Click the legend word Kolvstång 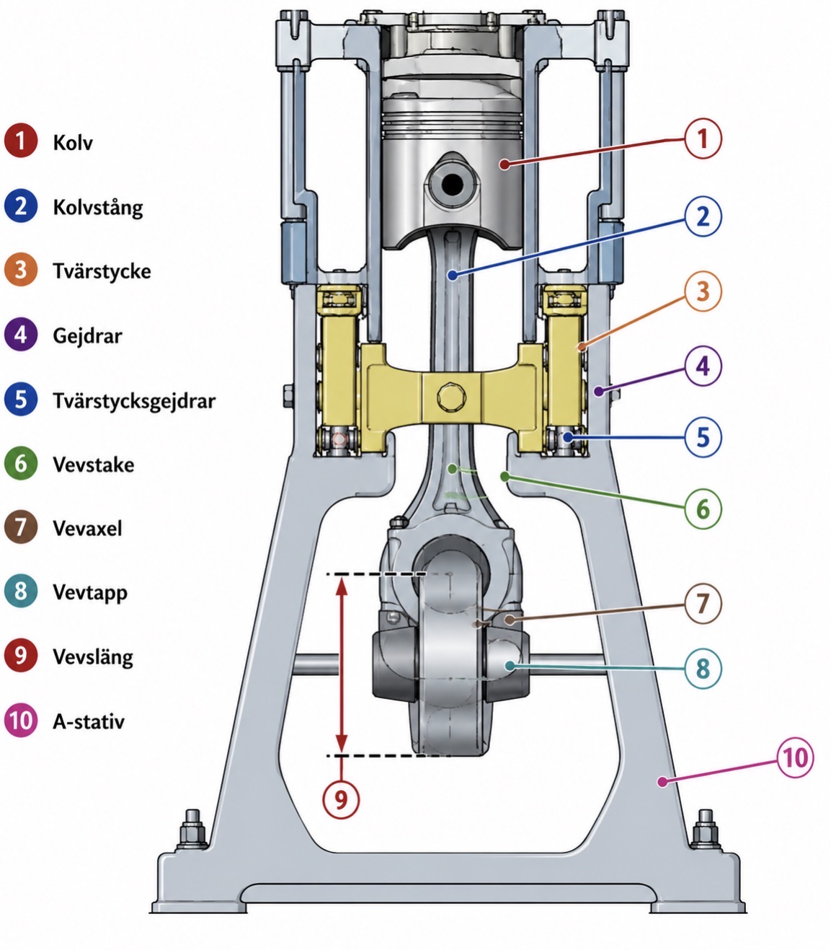98,208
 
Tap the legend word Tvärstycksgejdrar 134,401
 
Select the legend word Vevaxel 88,529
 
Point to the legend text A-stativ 89,721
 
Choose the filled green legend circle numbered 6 21,463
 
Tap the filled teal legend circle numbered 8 21,591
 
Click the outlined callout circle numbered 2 703,216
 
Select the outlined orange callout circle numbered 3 703,291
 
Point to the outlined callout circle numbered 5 703,437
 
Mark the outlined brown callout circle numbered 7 703,604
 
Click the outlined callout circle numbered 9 341,799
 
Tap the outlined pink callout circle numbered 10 795,758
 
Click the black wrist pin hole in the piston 453,185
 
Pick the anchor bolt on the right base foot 706,834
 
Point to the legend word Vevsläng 93,657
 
